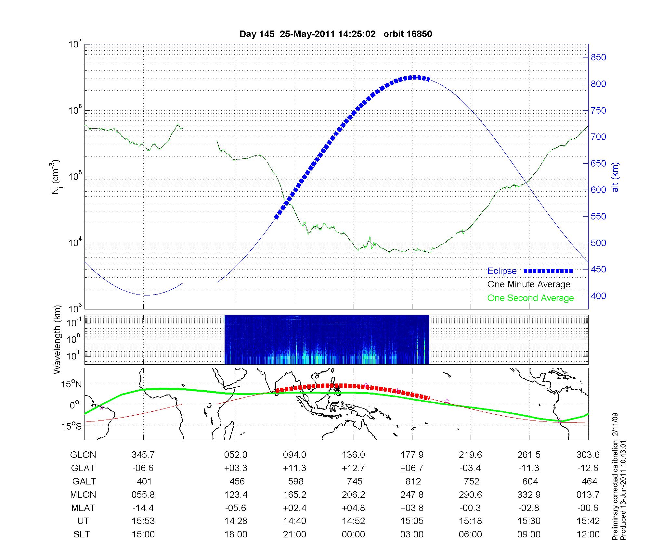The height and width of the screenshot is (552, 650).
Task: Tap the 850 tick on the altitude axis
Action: pos(598,57)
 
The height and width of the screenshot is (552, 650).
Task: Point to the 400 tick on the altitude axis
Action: pos(598,296)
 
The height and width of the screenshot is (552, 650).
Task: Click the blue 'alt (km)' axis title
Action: pos(615,177)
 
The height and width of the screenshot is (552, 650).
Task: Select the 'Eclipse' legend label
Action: pos(502,271)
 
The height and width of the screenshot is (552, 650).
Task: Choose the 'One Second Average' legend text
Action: pos(530,298)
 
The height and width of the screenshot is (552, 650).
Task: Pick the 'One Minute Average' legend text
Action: pos(529,284)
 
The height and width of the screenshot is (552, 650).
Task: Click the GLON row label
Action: pos(83,455)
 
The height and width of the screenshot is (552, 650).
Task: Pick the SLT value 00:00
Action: pos(353,534)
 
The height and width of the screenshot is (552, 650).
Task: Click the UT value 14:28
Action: pos(236,521)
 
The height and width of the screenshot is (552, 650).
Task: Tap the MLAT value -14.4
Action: pos(143,508)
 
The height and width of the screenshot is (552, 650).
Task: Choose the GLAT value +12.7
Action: pos(353,468)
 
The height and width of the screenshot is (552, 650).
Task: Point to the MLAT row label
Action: pos(83,508)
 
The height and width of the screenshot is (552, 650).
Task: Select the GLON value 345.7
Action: pos(143,455)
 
